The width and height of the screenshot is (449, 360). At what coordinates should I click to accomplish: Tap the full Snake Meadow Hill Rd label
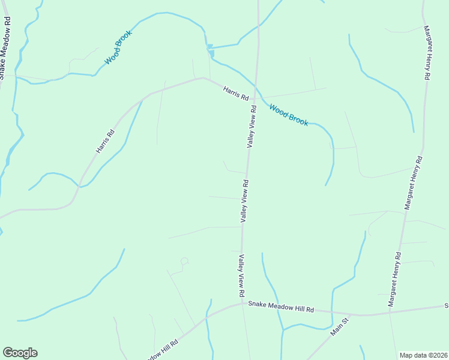pos(281,308)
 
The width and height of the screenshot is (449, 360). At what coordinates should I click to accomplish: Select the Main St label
pos(339,327)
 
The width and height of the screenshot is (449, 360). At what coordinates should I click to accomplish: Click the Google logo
pos(20,353)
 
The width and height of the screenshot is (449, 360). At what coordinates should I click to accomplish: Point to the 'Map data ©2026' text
pos(423,355)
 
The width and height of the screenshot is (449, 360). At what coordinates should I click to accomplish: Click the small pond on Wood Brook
pos(210,47)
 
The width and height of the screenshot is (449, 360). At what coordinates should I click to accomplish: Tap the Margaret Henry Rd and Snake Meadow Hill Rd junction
pos(390,312)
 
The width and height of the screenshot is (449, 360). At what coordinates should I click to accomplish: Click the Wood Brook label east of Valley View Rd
pos(289,115)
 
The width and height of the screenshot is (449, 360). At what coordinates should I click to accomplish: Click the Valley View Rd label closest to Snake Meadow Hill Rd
pos(241,276)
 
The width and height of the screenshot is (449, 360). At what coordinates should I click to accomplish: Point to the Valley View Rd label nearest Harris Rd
pos(252,127)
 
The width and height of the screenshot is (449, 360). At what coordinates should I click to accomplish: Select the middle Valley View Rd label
pos(245,200)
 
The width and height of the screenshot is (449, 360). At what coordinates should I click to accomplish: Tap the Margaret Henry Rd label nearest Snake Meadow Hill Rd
pos(394,280)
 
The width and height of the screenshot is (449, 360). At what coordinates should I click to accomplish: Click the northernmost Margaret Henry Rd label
pos(427,53)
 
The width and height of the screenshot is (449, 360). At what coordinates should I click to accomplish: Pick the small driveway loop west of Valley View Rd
pos(184,262)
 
